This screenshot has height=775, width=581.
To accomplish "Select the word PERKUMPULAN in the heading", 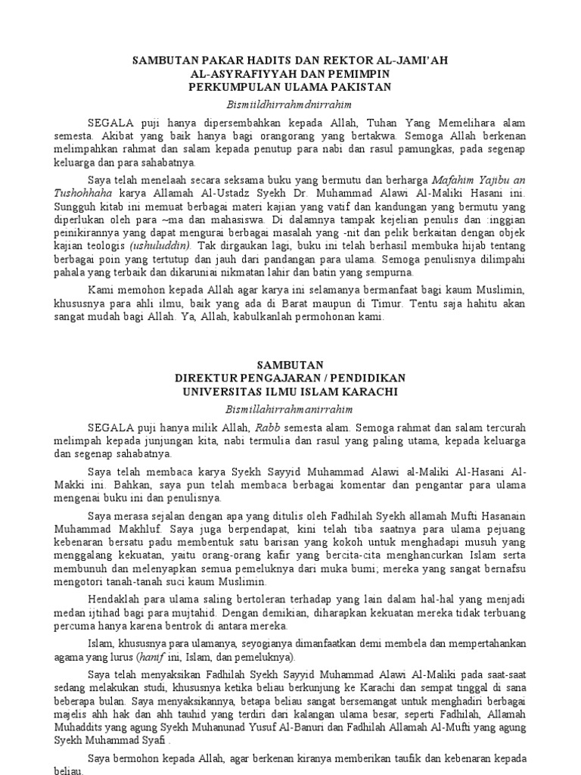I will tap(232, 86).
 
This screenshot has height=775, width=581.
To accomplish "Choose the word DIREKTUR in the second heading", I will tap(209, 378).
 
